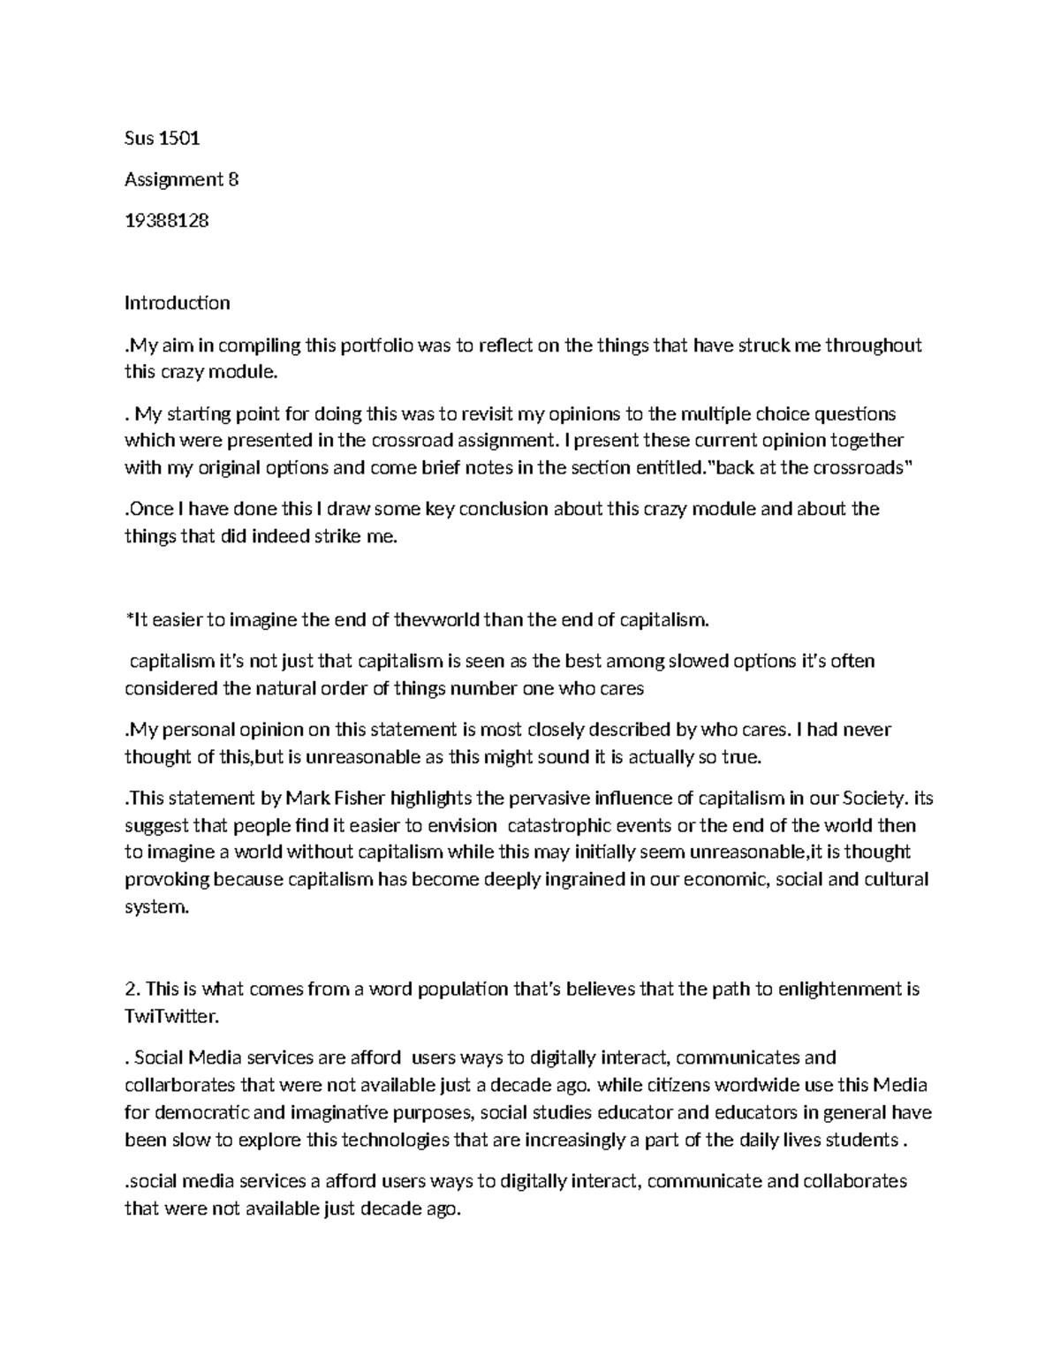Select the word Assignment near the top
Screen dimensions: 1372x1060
click(x=174, y=179)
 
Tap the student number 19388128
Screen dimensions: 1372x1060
click(x=167, y=221)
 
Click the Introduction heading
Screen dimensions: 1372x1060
click(x=177, y=303)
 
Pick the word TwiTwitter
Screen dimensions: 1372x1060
click(x=170, y=1016)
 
